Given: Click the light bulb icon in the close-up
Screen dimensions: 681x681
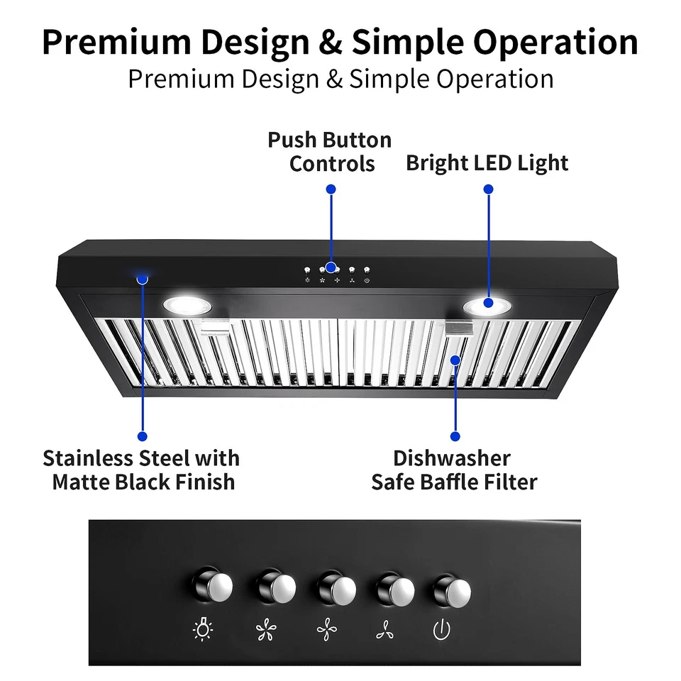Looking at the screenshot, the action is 204,629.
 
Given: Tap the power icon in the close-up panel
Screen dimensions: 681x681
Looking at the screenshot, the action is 442,629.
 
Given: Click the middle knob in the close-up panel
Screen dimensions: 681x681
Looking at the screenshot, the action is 336,588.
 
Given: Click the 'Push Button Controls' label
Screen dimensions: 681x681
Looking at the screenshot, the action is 330,151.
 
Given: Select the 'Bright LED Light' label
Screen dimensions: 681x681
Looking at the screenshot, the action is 487,163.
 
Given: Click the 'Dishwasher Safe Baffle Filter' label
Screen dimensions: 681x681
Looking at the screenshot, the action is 454,470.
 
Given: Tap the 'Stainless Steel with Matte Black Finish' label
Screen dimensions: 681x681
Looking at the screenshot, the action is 142,470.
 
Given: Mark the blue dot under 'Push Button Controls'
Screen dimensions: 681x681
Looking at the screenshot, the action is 331,189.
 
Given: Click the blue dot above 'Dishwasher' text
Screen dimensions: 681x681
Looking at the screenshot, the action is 455,436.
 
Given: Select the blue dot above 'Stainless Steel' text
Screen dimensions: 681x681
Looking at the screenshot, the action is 143,436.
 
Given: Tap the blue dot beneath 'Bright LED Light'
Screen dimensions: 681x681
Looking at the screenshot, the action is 488,189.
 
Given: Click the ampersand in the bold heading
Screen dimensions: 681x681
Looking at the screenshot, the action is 331,43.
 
